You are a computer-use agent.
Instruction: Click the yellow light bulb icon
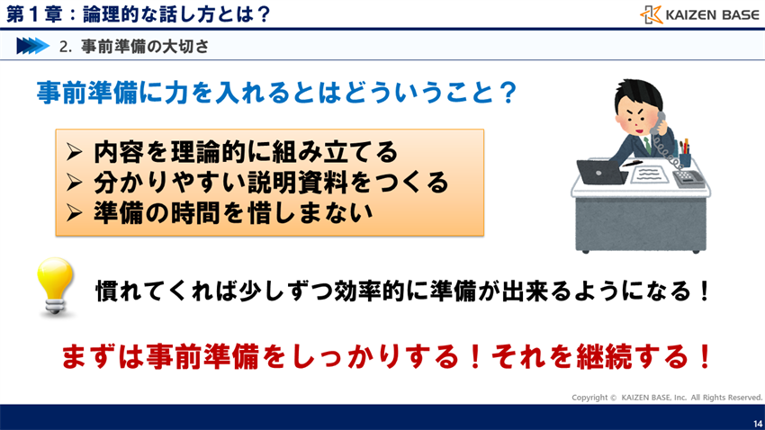pyautogui.click(x=56, y=286)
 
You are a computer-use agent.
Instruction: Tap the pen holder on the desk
pyautogui.click(x=684, y=157)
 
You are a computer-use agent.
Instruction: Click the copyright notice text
pyautogui.click(x=667, y=397)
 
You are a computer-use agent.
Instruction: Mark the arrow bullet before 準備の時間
pyautogui.click(x=76, y=213)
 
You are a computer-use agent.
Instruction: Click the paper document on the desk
pyautogui.click(x=645, y=174)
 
